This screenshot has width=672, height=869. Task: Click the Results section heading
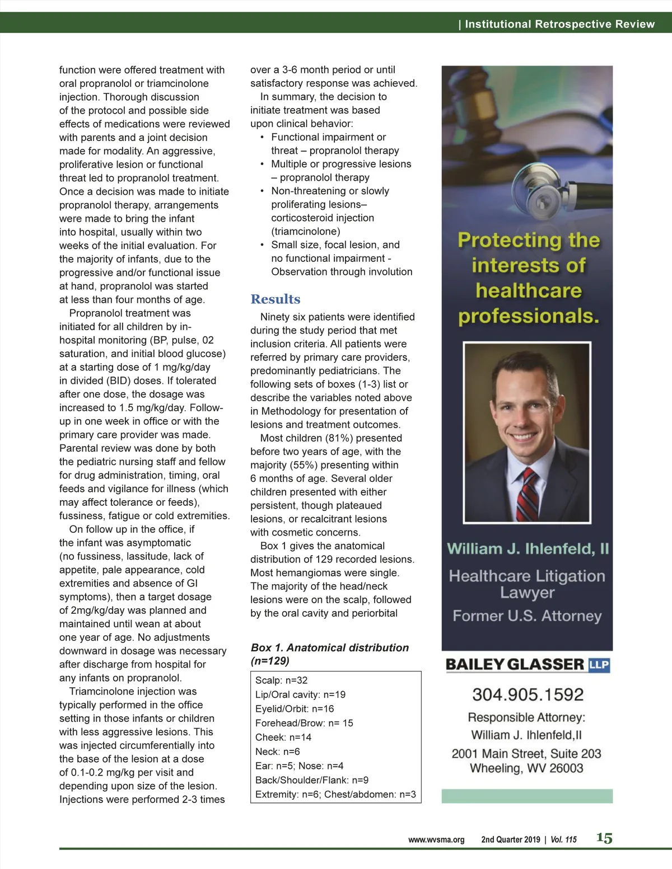[275, 299]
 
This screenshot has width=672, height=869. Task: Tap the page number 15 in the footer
[604, 838]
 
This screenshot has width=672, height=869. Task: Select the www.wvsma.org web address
[436, 839]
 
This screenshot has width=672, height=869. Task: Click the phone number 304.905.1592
[528, 694]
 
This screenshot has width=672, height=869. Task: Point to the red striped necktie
[526, 495]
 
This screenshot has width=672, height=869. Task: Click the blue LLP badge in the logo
[599, 665]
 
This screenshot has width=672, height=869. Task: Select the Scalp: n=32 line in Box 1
[281, 680]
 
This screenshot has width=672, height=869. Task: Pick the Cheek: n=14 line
[283, 738]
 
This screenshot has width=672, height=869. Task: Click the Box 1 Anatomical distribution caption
[329, 654]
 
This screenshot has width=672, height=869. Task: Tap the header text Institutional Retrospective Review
[559, 24]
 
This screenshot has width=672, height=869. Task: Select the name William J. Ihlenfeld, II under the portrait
[528, 549]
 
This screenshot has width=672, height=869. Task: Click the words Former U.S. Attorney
[527, 616]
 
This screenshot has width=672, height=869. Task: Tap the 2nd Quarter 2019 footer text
[510, 839]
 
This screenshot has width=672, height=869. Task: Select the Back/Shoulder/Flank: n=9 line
[311, 780]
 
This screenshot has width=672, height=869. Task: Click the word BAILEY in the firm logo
[475, 665]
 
